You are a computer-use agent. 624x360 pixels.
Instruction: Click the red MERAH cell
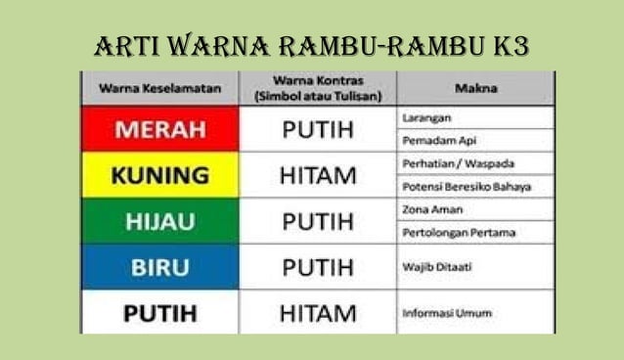159,129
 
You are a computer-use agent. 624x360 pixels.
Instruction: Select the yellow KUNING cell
159,176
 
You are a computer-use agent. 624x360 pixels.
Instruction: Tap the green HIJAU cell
159,222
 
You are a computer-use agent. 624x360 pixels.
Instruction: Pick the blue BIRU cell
159,267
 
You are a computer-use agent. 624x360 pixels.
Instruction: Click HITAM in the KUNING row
318,176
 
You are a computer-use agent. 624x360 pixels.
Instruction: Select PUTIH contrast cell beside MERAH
318,129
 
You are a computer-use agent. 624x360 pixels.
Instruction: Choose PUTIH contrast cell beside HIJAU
318,222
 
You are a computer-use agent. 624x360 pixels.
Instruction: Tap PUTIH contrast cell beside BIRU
318,267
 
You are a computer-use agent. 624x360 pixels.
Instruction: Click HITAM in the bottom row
318,313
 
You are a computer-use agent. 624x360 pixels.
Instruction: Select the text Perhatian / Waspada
444,163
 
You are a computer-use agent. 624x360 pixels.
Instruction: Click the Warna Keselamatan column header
159,88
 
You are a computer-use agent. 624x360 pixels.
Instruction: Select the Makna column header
475,88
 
